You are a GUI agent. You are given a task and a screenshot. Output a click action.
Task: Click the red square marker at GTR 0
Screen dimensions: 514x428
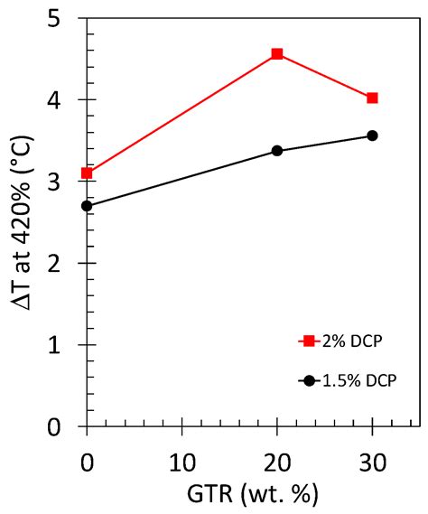(87, 173)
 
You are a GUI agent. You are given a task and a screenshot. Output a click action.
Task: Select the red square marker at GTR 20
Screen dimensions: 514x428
(277, 54)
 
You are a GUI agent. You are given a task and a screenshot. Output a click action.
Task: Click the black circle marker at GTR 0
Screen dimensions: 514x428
(87, 206)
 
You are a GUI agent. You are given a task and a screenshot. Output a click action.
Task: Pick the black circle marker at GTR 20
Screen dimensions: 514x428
(277, 151)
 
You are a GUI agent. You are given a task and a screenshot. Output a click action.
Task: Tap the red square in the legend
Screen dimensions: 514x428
(310, 341)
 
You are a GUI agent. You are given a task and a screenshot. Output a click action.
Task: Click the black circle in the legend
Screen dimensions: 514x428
(310, 380)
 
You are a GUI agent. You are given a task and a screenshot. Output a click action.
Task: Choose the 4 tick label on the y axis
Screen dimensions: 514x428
(64, 100)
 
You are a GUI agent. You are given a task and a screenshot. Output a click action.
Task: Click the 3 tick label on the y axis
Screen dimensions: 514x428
(64, 182)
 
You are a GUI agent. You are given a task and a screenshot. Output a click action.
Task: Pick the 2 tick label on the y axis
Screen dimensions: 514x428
(64, 264)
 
